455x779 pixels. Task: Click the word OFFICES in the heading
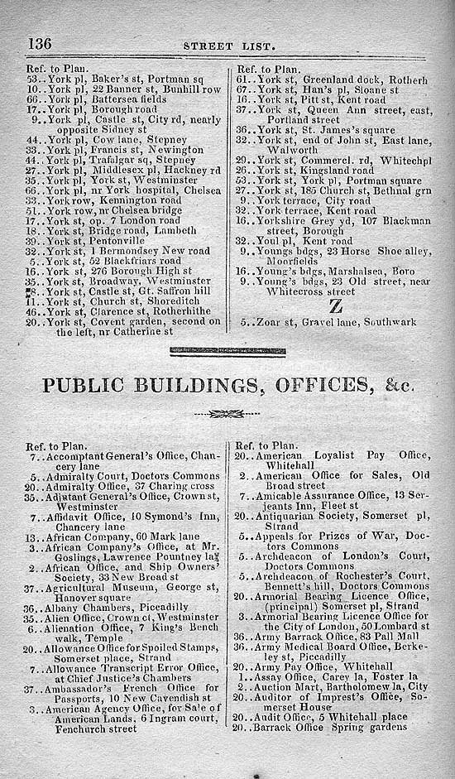coord(329,386)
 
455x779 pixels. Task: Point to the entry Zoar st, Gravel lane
coord(334,321)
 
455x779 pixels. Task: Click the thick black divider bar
coord(227,352)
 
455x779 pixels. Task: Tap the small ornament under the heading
coord(227,414)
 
